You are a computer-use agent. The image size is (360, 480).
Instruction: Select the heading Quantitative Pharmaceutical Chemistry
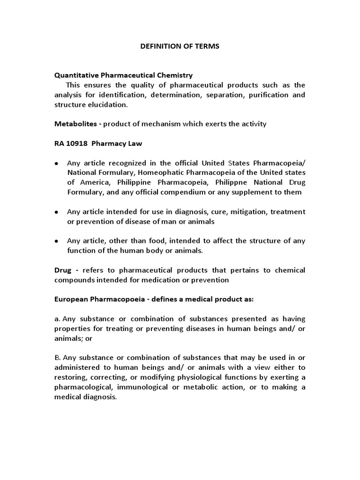point(124,75)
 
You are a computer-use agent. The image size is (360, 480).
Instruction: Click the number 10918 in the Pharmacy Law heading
point(78,143)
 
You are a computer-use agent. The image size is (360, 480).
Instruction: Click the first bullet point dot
point(57,164)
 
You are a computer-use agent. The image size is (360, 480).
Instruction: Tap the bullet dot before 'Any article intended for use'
point(57,212)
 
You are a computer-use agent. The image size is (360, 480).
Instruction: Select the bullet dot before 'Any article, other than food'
point(57,241)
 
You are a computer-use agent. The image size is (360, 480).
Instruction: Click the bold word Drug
point(63,270)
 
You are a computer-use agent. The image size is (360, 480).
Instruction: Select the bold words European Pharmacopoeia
point(96,300)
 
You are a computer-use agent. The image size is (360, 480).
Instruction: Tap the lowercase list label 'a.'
point(58,319)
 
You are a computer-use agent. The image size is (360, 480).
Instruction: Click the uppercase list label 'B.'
point(58,358)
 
